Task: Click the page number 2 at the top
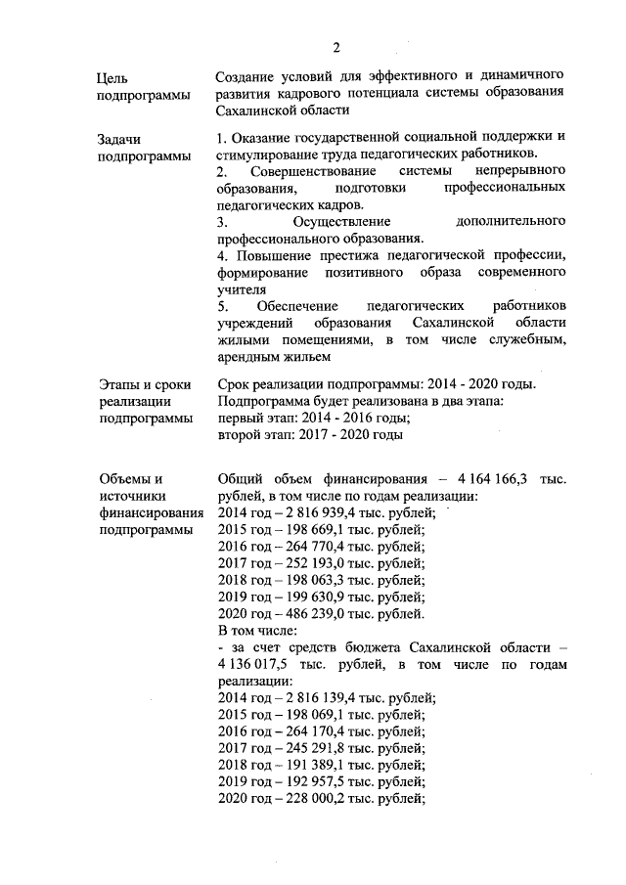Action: tap(335, 47)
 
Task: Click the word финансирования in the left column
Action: tap(152, 512)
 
